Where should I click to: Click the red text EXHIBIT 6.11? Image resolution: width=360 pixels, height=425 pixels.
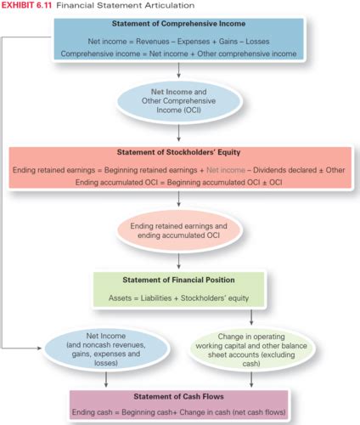pos(26,5)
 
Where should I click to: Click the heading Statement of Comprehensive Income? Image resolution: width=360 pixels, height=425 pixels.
pos(178,24)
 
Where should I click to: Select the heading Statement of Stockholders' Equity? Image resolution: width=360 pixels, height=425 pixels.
pos(178,152)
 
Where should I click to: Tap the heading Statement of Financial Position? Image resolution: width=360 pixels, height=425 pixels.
pos(178,280)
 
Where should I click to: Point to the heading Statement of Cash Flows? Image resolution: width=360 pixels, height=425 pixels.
pos(178,396)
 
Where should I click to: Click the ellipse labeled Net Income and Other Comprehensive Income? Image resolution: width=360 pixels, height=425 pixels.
pos(178,101)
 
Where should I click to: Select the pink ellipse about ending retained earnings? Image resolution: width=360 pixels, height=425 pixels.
pos(178,231)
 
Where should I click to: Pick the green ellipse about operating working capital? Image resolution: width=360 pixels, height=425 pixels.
pos(251,350)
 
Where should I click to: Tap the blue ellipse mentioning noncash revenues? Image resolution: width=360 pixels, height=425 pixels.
pos(106,349)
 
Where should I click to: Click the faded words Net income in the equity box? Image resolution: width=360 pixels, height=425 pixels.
pos(226,170)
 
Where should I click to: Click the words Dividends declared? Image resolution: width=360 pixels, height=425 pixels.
pos(284,170)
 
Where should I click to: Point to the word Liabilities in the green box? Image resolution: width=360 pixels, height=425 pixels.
pos(156,298)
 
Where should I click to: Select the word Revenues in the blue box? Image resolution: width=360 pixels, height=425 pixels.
pos(153,42)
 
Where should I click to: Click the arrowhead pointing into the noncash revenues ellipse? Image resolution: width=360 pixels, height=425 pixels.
pos(39,348)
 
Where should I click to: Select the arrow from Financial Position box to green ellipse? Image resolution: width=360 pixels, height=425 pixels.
pos(251,317)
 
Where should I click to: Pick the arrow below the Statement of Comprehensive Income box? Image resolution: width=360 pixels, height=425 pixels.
pos(178,70)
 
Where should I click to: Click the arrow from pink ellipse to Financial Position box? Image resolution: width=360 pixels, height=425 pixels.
pos(178,261)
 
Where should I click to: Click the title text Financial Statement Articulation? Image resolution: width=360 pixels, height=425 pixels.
pos(126,5)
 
